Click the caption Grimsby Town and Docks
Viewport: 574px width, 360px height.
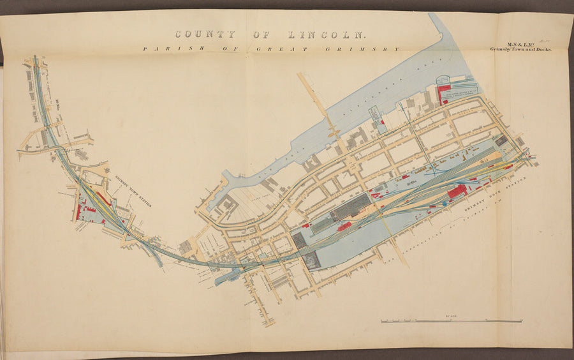(519, 49)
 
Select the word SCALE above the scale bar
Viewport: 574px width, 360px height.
(452, 316)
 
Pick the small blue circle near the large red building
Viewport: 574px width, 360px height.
(445, 204)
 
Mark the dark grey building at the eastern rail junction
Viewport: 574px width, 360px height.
(502, 140)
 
